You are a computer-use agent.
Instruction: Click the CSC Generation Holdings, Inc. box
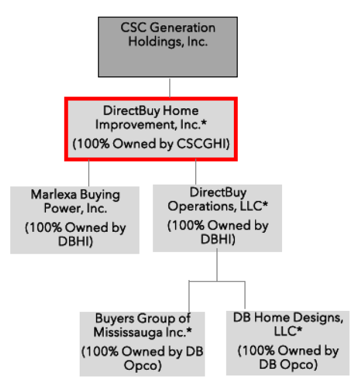168,47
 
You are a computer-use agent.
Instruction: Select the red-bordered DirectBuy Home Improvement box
151,129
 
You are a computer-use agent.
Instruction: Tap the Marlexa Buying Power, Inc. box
75,220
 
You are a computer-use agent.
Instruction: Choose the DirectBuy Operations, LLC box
218,218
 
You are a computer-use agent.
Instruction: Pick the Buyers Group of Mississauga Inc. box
142,344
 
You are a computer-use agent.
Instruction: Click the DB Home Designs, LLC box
288,343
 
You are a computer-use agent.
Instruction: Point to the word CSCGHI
202,144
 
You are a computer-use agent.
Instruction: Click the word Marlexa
53,195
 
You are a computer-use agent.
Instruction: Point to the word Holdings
156,42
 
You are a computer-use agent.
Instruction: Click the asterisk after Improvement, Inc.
204,122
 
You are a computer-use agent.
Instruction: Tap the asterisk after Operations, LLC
265,204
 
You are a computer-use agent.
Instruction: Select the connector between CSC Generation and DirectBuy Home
170,88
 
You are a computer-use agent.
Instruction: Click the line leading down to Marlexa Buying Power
89,173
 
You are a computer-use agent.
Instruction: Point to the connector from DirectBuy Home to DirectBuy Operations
196,172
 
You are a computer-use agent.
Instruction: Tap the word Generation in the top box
183,27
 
